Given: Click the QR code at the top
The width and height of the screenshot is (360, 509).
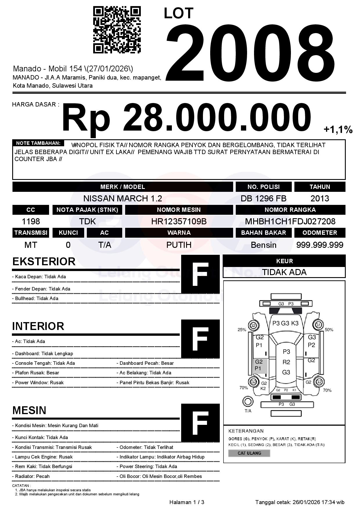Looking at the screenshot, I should point(117,30).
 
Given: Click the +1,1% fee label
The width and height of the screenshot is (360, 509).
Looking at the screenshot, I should point(338,130).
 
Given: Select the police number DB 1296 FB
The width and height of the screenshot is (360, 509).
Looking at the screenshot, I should point(263,198).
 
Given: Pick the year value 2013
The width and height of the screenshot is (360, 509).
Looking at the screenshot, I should point(320,198).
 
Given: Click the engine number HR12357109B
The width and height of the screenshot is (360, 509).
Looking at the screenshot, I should point(179,221).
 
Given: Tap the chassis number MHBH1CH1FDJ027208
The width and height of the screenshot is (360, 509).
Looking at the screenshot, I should point(290,221).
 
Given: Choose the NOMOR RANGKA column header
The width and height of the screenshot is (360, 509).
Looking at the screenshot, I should point(290,210).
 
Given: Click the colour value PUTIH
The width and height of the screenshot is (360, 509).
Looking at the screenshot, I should point(179,245).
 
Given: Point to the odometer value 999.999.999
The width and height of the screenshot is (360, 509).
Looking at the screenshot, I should point(320,245).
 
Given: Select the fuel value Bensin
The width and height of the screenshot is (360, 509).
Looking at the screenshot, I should point(263,245).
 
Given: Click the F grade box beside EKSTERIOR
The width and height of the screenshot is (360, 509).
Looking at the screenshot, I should point(200,274).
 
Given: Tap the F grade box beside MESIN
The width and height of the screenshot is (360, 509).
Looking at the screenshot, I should point(200,423).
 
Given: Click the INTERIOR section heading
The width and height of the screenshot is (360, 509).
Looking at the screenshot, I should point(38,326).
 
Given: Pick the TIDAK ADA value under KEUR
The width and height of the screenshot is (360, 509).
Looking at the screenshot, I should point(284,272).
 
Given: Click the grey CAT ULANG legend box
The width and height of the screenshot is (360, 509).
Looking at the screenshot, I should point(249,453).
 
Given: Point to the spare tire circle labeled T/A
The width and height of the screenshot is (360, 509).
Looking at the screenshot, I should point(248,402).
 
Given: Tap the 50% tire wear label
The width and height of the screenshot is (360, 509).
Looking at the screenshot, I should point(329,330).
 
